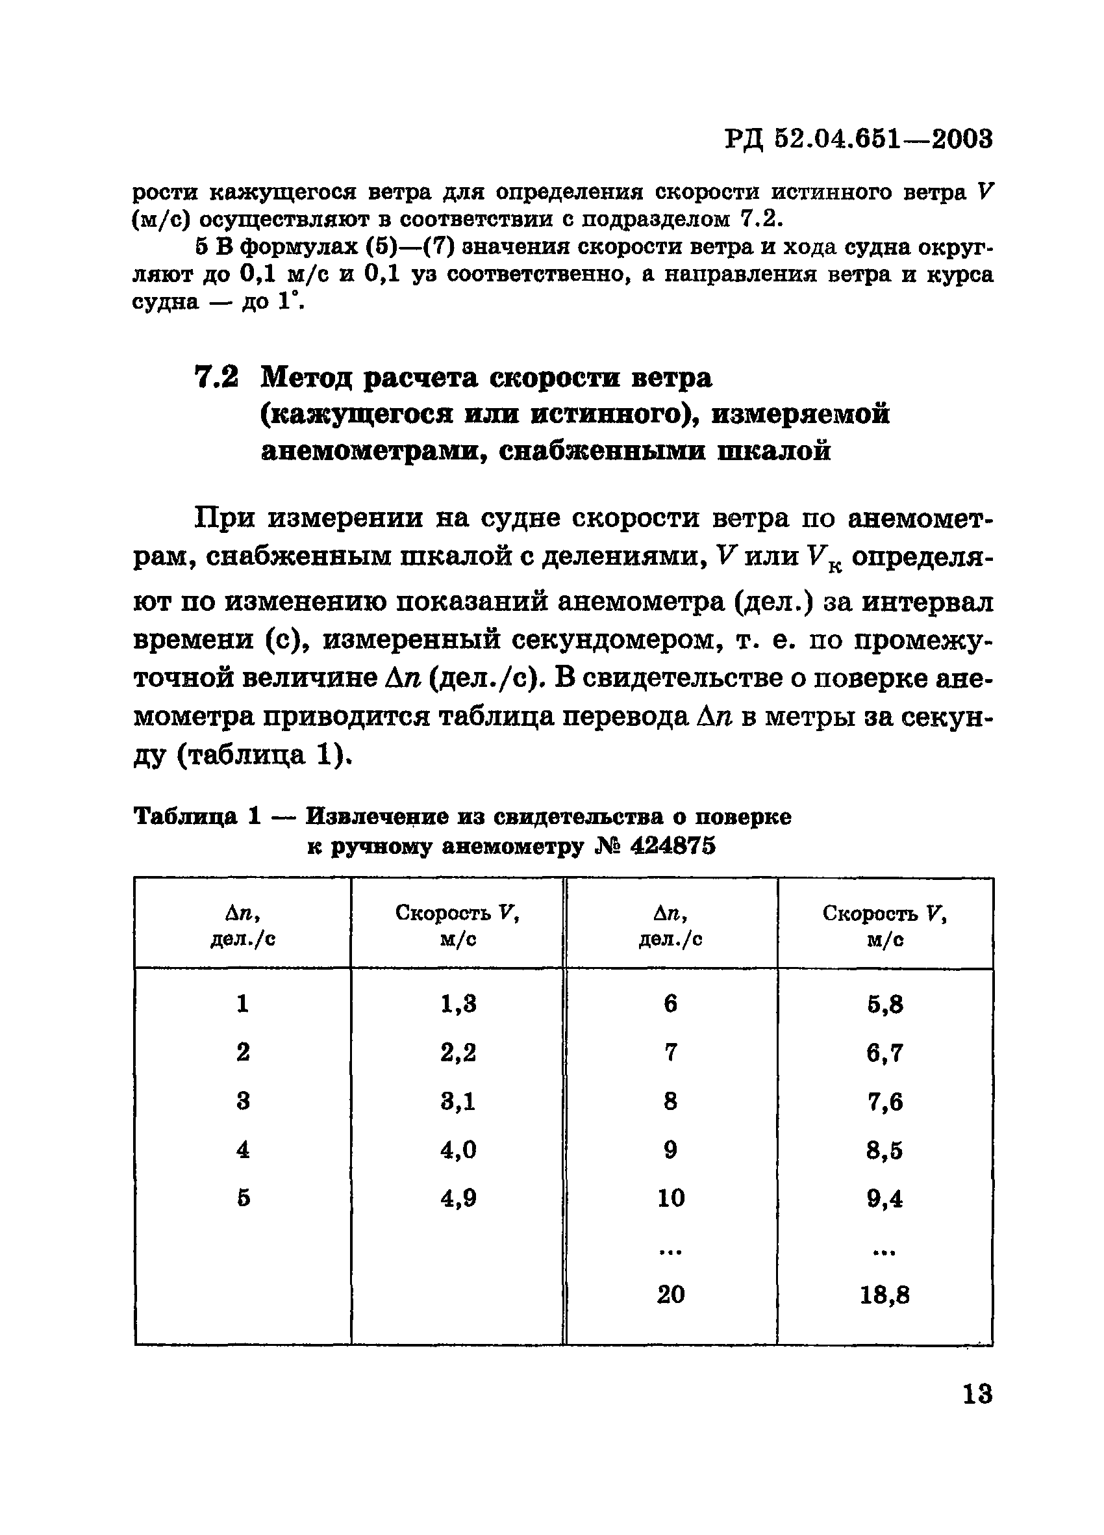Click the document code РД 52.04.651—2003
(x=859, y=140)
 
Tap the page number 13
(x=977, y=1394)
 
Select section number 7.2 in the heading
(x=216, y=378)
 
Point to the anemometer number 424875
(x=672, y=846)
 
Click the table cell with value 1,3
(x=458, y=1003)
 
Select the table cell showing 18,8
(x=884, y=1295)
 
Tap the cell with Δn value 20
(x=670, y=1294)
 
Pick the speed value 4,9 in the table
(x=458, y=1198)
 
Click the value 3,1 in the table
(x=458, y=1101)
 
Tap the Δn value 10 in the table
(x=670, y=1198)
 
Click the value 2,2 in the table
(x=458, y=1052)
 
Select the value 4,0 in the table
(x=458, y=1150)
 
